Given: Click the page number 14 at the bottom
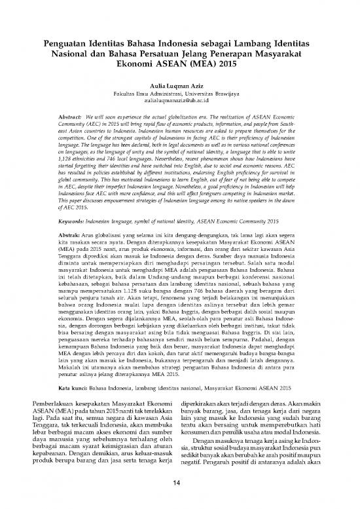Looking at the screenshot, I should tap(179, 483).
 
